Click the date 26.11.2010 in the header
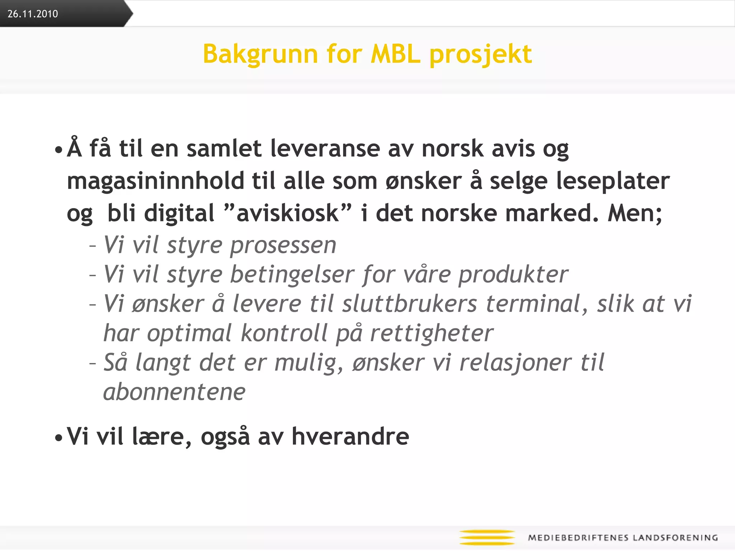(x=33, y=14)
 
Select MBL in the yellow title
(x=395, y=54)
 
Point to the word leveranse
(x=325, y=149)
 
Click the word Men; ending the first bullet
(x=635, y=213)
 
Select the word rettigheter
(x=431, y=334)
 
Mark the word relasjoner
(x=515, y=363)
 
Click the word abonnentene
(x=174, y=392)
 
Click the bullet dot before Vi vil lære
(x=58, y=438)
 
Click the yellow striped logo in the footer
(x=487, y=537)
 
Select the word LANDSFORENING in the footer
(x=675, y=538)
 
